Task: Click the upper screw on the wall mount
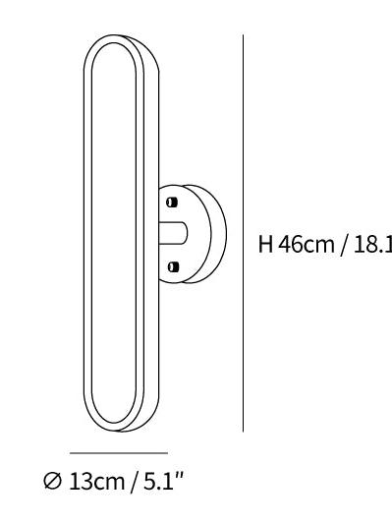(172, 203)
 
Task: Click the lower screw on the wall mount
(173, 266)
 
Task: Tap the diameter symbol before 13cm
(52, 481)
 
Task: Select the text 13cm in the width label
(97, 482)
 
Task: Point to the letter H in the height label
(266, 244)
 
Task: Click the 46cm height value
(307, 244)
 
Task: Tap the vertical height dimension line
(243, 233)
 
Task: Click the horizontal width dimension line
(119, 453)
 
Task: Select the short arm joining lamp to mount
(173, 233)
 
